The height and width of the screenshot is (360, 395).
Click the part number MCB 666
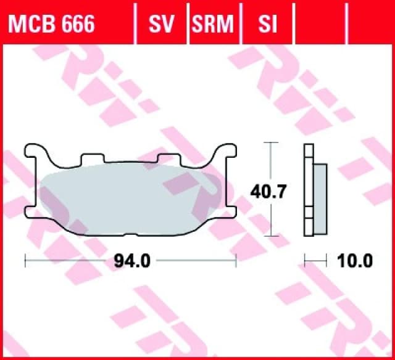51,25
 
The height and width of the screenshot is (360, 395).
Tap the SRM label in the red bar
213,25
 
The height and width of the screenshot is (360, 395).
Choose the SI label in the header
267,25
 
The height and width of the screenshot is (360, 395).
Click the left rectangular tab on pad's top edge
89,160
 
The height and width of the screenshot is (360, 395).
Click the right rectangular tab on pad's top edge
167,160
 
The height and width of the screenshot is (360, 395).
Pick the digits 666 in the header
78,25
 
